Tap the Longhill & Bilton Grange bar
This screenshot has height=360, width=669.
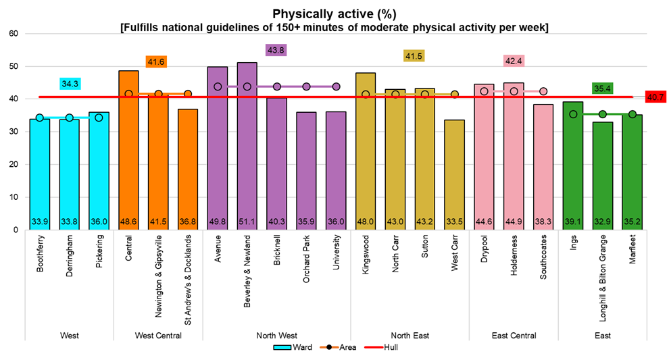(x=603, y=176)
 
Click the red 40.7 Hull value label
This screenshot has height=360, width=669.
(x=655, y=97)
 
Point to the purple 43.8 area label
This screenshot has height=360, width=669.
(x=277, y=50)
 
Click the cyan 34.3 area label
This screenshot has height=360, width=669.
(x=70, y=83)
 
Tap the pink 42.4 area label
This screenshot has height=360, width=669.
(x=513, y=61)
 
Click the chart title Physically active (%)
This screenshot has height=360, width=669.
(x=334, y=14)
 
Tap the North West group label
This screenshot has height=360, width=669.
(x=277, y=336)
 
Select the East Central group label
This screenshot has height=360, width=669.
(x=514, y=336)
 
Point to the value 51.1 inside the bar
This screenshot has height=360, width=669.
(x=247, y=221)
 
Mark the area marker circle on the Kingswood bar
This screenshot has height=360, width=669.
(x=366, y=95)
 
